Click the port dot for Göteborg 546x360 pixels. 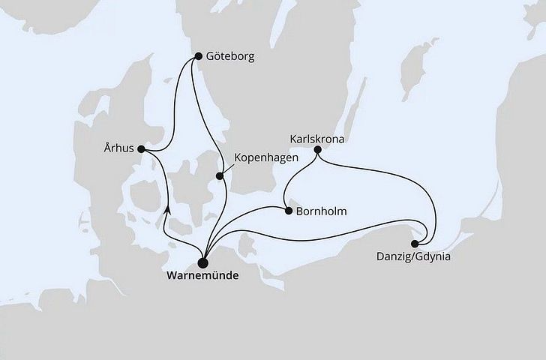click(197, 55)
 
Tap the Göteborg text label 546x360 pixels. click(230, 55)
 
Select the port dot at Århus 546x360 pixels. click(142, 148)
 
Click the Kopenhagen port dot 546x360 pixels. click(220, 176)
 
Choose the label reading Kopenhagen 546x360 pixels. click(267, 158)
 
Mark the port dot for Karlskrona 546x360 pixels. click(318, 150)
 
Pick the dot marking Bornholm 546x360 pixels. click(288, 211)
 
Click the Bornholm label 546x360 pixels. click(322, 211)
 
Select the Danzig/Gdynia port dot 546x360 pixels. click(415, 243)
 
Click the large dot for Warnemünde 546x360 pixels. click(202, 262)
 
